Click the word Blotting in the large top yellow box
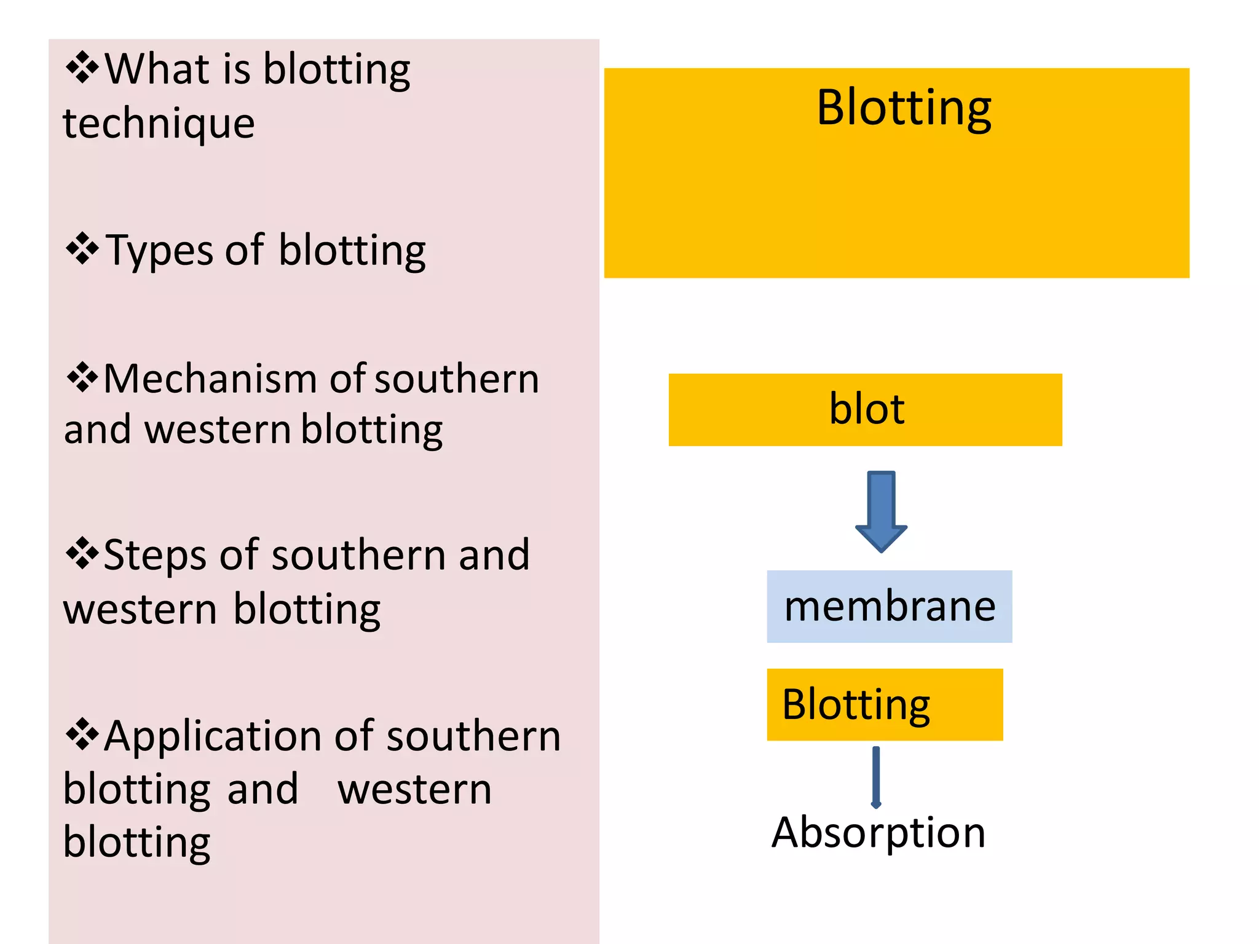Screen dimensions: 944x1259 coord(904,108)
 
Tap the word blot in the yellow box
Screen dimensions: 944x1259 coord(867,409)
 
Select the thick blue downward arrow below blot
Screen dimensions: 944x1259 coord(881,511)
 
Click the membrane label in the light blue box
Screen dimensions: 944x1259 coord(890,607)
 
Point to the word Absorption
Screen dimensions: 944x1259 coord(878,833)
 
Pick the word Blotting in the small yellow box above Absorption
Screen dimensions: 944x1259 coord(856,704)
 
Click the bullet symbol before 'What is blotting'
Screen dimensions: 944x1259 coord(82,68)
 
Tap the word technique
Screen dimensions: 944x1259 coord(159,124)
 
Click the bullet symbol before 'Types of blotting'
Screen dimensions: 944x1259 coord(82,248)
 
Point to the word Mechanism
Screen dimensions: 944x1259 coord(212,379)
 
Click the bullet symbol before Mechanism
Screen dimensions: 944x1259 coord(82,377)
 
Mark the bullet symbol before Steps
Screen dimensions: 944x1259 coord(82,553)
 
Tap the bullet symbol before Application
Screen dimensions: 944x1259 coord(82,734)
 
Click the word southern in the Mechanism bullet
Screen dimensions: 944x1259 coord(457,379)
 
